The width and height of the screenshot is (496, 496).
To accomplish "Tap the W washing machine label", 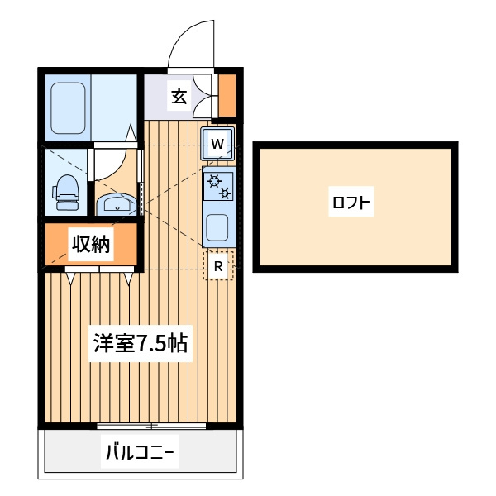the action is pos(217,144).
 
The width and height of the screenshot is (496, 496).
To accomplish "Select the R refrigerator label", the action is pos(218,267).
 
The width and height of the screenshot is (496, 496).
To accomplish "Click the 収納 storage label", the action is pos(91,244).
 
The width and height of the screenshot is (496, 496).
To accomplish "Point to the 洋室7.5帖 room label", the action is pos(141,343).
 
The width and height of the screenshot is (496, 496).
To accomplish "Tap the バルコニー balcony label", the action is pos(140,451).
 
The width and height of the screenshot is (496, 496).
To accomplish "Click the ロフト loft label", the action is pos(351,202).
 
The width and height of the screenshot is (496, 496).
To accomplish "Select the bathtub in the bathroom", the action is pos(68,107).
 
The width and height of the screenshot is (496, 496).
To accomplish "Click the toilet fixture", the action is pos(66,193).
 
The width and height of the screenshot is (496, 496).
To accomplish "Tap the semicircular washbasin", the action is pos(117,204).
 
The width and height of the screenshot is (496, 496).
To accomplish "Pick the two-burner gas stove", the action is pos(219,186).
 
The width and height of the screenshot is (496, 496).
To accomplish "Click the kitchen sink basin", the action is pos(217,228).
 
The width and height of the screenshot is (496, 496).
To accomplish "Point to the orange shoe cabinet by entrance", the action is pos(227,95).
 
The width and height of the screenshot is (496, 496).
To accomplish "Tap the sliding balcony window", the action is pos(151,426).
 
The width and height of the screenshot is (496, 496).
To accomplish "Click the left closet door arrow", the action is pos(70,279).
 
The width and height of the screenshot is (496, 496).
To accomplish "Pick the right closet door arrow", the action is pos(128,279).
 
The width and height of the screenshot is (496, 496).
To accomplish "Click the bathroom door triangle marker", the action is pos(131,133).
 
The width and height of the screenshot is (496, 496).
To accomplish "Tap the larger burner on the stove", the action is pos(214,181).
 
